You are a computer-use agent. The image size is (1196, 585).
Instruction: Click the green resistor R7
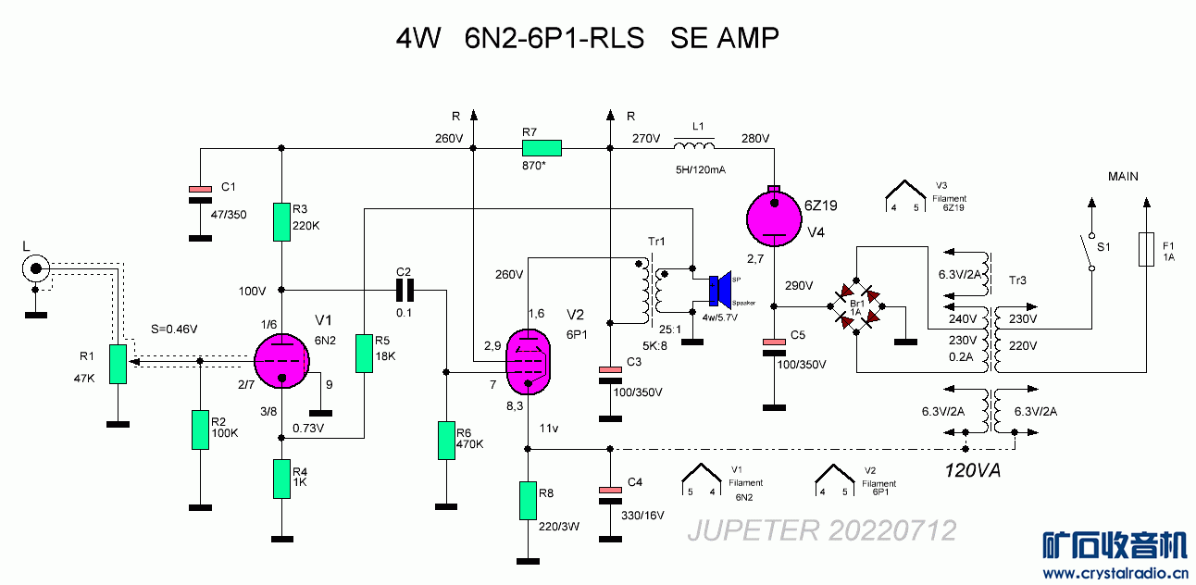(x=542, y=147)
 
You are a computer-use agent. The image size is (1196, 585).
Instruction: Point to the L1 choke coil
(x=693, y=147)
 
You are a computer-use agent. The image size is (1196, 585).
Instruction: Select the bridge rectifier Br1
(x=857, y=306)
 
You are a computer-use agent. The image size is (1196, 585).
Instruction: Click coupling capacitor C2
(x=405, y=291)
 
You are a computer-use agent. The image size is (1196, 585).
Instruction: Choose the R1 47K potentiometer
(x=117, y=363)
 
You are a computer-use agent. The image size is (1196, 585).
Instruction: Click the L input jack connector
(x=35, y=270)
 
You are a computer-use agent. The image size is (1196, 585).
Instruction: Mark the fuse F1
(x=1146, y=248)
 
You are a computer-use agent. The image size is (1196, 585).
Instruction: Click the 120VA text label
(x=972, y=470)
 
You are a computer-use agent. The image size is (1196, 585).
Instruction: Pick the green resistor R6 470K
(x=446, y=441)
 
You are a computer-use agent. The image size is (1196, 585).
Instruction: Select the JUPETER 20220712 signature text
(x=821, y=530)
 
